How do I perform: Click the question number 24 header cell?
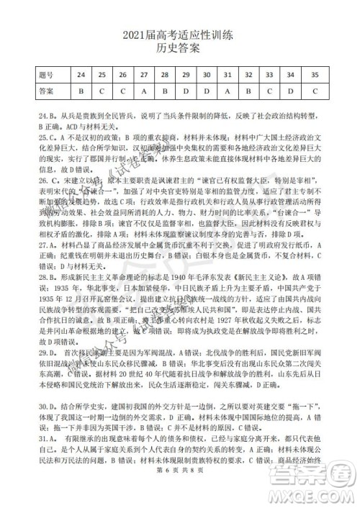pyautogui.click(x=81, y=75)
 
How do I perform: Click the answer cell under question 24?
pyautogui.click(x=81, y=91)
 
